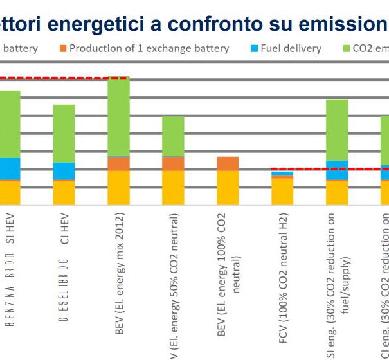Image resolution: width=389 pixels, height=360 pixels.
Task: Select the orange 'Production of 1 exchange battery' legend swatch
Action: tap(62, 49)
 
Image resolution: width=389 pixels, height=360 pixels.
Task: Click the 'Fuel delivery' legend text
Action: tap(291, 49)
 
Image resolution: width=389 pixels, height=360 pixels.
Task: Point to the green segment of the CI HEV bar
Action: tap(64, 133)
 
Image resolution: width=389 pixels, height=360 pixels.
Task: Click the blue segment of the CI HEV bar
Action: tap(64, 170)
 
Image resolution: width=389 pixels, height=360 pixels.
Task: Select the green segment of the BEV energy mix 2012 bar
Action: tap(118, 116)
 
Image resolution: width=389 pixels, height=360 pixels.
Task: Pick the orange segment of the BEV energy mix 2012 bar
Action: tap(118, 163)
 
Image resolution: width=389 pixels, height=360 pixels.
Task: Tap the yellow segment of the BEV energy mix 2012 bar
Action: tap(118, 187)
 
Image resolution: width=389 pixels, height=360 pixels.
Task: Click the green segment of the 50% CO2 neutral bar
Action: tap(173, 136)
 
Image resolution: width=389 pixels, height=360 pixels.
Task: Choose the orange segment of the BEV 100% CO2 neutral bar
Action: tap(228, 163)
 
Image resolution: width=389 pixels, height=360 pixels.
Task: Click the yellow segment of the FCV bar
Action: tap(282, 191)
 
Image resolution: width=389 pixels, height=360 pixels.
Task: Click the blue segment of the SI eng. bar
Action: tap(337, 170)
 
